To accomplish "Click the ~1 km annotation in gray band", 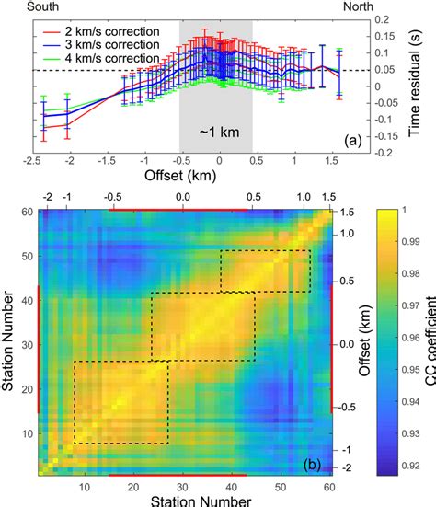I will pos(220,133).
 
